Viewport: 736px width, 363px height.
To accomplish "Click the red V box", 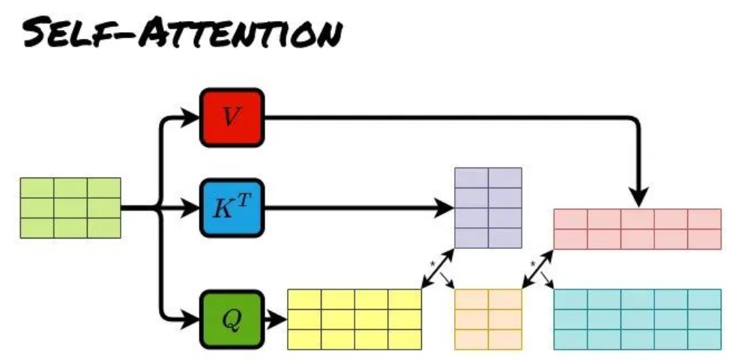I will pyautogui.click(x=232, y=118).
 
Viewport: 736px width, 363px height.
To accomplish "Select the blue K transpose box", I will pyautogui.click(x=232, y=208).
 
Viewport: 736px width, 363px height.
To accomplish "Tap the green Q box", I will pyautogui.click(x=232, y=319).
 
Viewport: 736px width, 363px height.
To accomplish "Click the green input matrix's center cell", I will pyautogui.click(x=70, y=208).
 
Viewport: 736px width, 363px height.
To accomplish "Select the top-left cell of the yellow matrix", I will pyautogui.click(x=304, y=299).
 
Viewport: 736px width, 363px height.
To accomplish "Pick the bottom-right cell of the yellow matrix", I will pyautogui.click(x=405, y=340).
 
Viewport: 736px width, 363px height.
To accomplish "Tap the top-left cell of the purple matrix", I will pyautogui.click(x=471, y=178).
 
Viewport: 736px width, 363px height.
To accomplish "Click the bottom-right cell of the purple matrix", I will pyautogui.click(x=505, y=238).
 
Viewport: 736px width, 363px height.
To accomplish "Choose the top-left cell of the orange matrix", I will pyautogui.click(x=471, y=299).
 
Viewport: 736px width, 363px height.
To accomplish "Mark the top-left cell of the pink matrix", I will pyautogui.click(x=570, y=219).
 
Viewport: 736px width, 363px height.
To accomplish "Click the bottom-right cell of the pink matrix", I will pyautogui.click(x=705, y=239).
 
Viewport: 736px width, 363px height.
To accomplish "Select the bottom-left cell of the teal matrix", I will pyautogui.click(x=570, y=340).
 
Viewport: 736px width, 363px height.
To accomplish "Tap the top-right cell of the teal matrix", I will pyautogui.click(x=705, y=299).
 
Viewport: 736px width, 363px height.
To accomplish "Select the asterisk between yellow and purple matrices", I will pyautogui.click(x=432, y=265).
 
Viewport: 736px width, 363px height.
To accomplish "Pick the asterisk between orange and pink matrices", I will pyautogui.click(x=533, y=265).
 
